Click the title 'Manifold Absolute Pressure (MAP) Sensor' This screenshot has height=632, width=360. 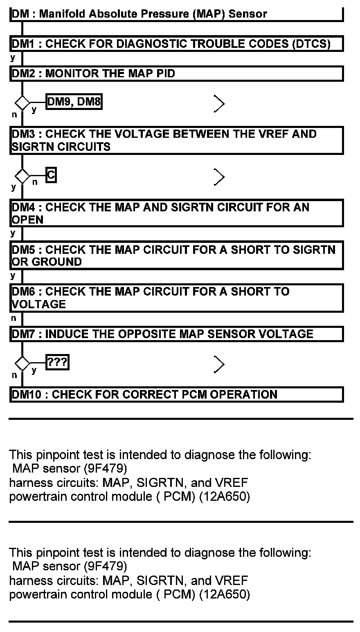[153, 13]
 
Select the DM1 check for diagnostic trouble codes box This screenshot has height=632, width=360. [176, 43]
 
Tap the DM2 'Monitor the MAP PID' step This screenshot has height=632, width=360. [176, 74]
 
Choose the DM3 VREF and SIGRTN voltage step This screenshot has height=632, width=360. [176, 140]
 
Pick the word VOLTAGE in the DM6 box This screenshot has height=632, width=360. [38, 304]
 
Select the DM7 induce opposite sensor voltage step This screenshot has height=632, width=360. [176, 334]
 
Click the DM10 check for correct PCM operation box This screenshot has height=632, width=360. [176, 394]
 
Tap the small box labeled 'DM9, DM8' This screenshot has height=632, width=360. [74, 102]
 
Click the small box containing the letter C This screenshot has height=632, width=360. [51, 175]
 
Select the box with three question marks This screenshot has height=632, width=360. [57, 362]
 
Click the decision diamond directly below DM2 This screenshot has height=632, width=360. [22, 102]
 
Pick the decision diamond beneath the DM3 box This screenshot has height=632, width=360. [22, 176]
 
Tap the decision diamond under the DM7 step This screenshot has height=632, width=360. [22, 363]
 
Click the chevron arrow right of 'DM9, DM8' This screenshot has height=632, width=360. [219, 104]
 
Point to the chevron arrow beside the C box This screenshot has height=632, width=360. [219, 177]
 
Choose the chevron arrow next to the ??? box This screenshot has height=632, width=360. [219, 364]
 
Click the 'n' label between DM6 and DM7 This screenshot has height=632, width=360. [13, 318]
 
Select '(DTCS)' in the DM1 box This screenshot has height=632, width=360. [311, 43]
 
